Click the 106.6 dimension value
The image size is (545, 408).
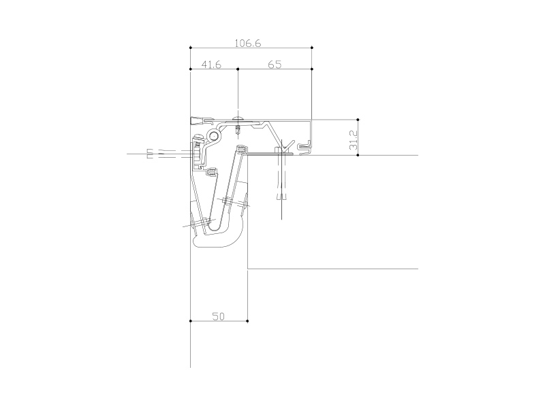[x=248, y=44]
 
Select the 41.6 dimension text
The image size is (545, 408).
[x=211, y=65]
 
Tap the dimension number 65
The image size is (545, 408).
[x=275, y=65]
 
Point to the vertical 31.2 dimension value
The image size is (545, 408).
[x=353, y=140]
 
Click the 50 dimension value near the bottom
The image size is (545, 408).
[x=218, y=316]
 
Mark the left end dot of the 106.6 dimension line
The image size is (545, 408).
[x=191, y=48]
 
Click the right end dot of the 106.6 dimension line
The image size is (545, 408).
[x=312, y=48]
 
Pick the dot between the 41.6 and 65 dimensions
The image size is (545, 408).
[x=238, y=69]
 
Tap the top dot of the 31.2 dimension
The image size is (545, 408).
[x=358, y=120]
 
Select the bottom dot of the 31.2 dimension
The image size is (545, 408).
[x=358, y=155]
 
